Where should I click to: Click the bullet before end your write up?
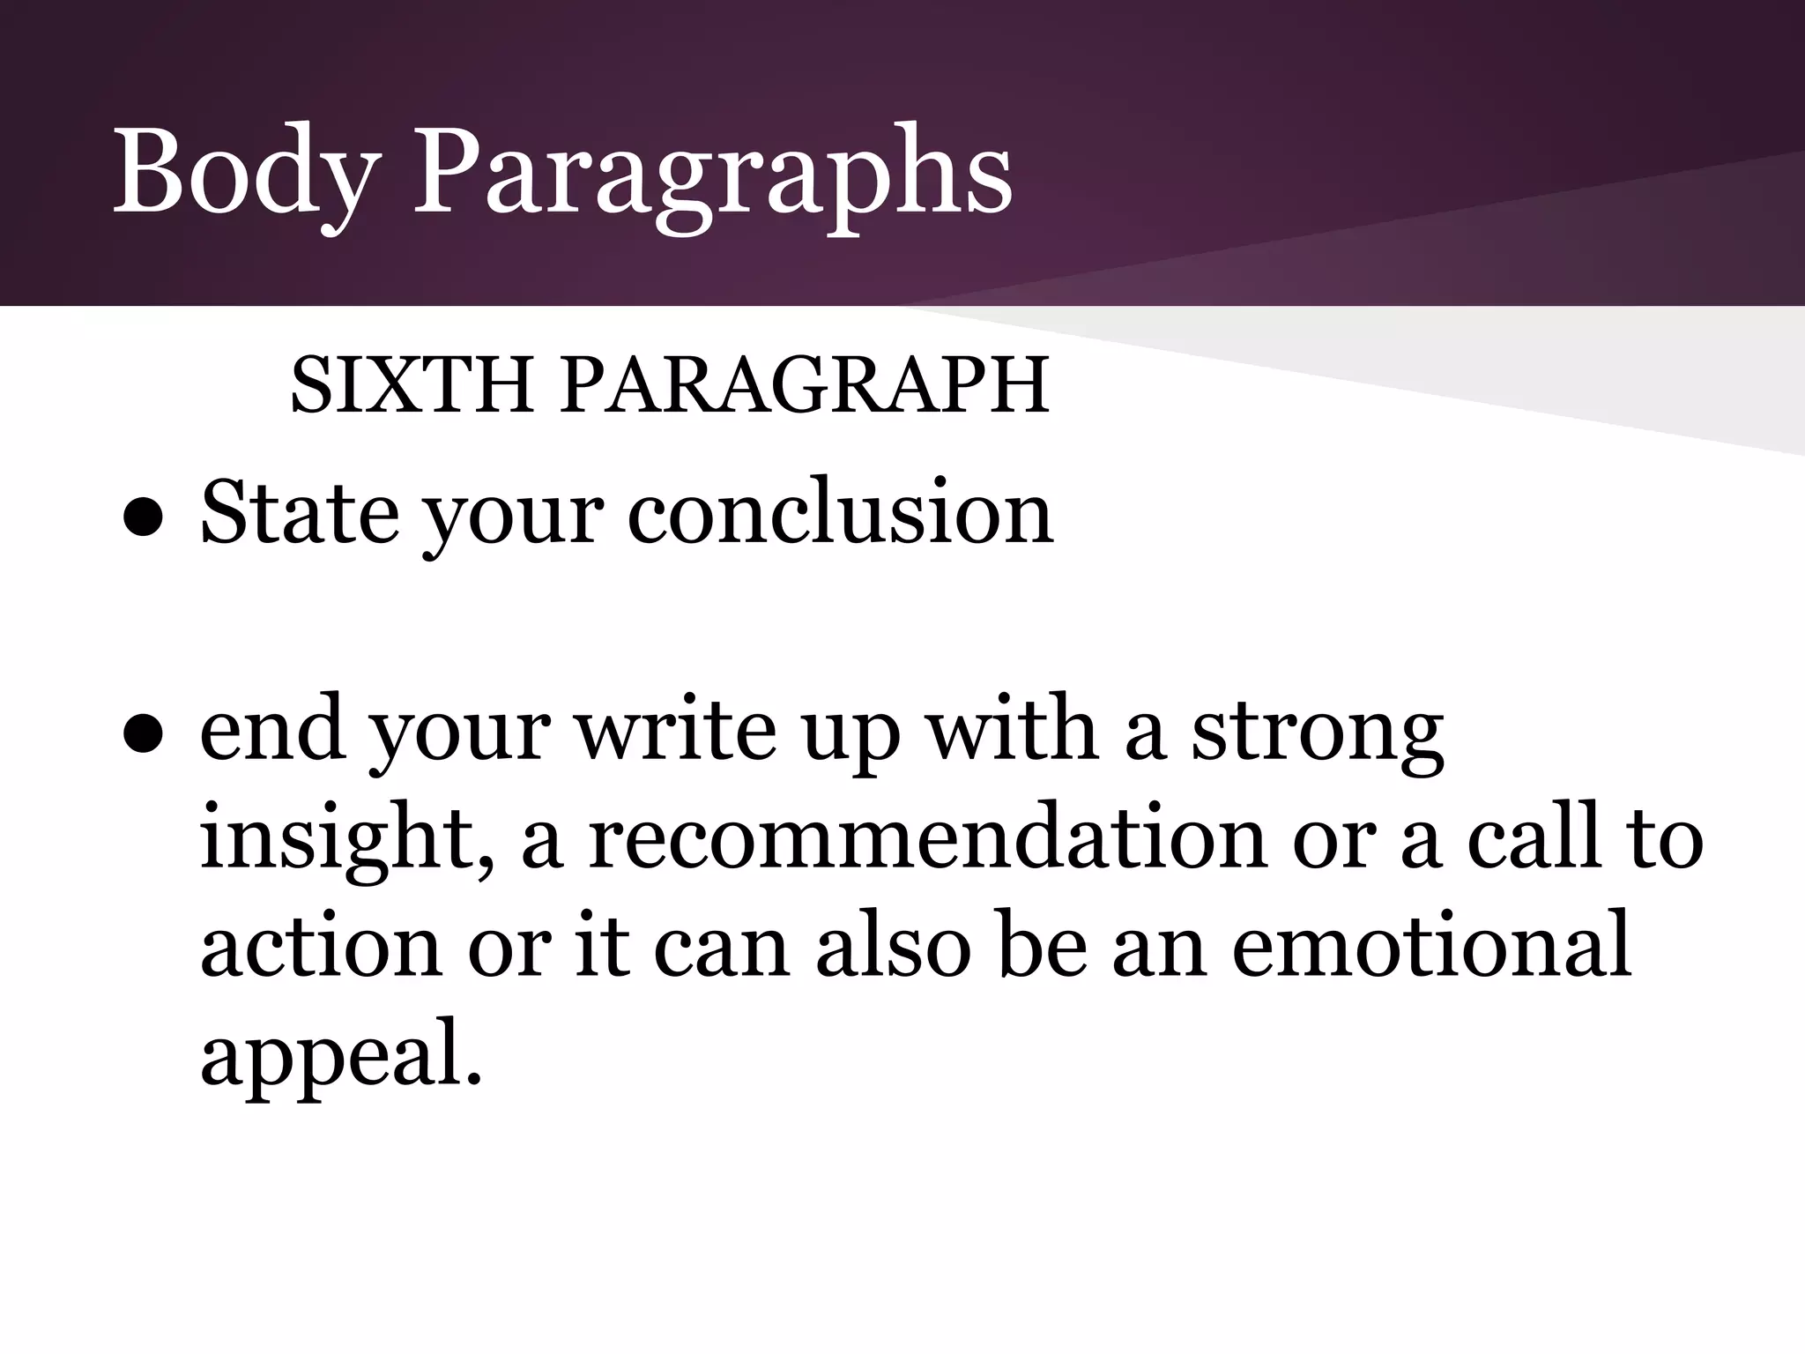pos(141,739)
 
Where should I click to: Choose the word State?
pos(300,513)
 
